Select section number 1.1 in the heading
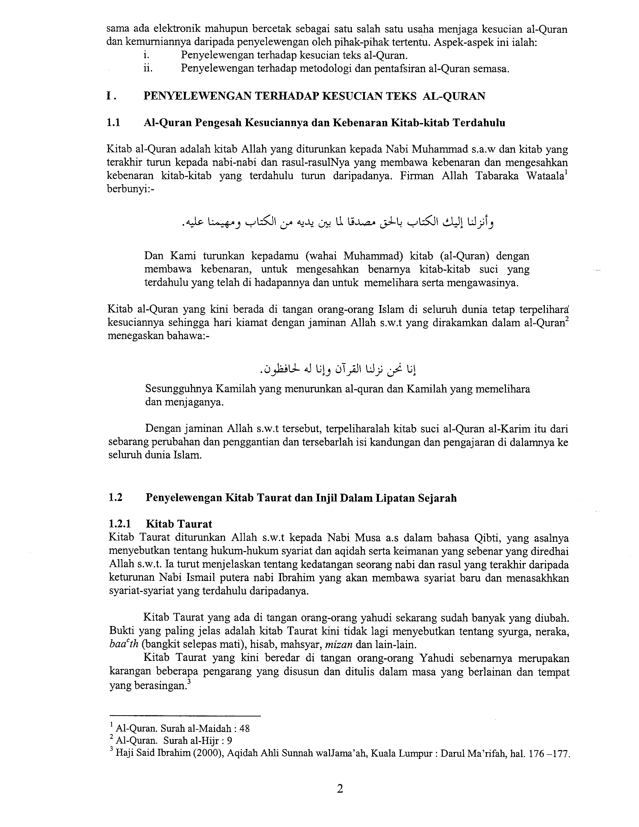pyautogui.click(x=113, y=123)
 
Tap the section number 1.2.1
pyautogui.click(x=119, y=524)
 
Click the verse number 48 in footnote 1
pyautogui.click(x=245, y=728)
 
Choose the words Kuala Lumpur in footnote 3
pyautogui.click(x=401, y=753)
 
